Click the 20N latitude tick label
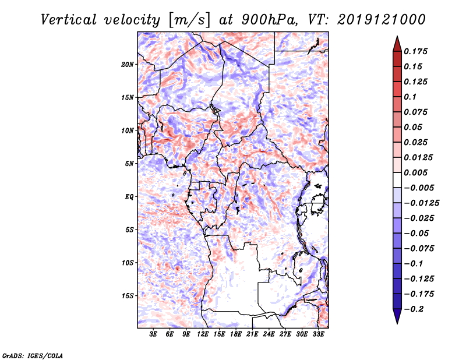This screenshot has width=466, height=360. pos(128,64)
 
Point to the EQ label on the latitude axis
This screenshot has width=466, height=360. pos(129,197)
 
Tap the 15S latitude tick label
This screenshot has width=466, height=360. pos(128,296)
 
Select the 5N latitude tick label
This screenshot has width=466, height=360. pos(129,164)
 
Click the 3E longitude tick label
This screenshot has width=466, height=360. pos(154,335)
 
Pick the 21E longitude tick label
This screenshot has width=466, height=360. pos(252,335)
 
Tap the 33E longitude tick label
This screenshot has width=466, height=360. pos(318,335)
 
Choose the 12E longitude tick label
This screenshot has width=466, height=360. pos(203,335)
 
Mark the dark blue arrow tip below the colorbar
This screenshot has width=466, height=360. pos(397,319)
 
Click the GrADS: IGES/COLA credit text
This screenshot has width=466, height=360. pos(32,355)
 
